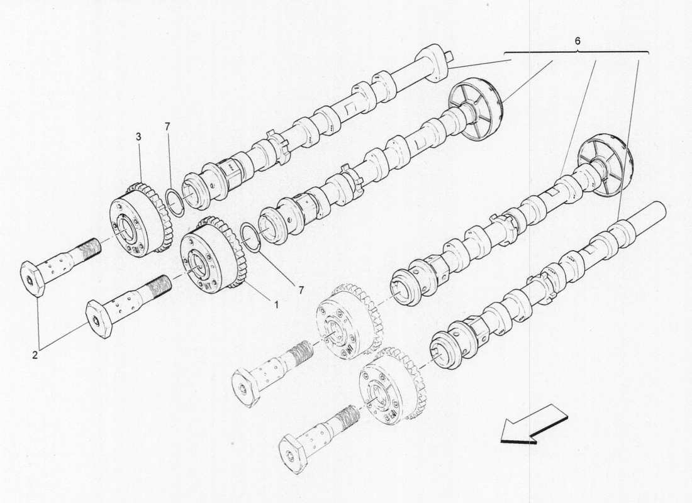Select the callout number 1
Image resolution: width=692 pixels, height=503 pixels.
point(276,304)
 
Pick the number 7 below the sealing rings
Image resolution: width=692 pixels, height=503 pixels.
point(301,290)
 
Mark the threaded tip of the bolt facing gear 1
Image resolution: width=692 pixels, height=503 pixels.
point(160,286)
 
